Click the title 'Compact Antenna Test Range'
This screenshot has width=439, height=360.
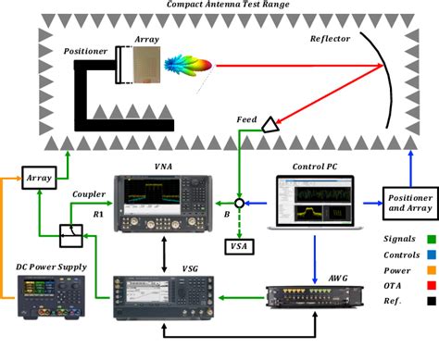point(219,6)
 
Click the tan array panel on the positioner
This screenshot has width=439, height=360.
point(145,66)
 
